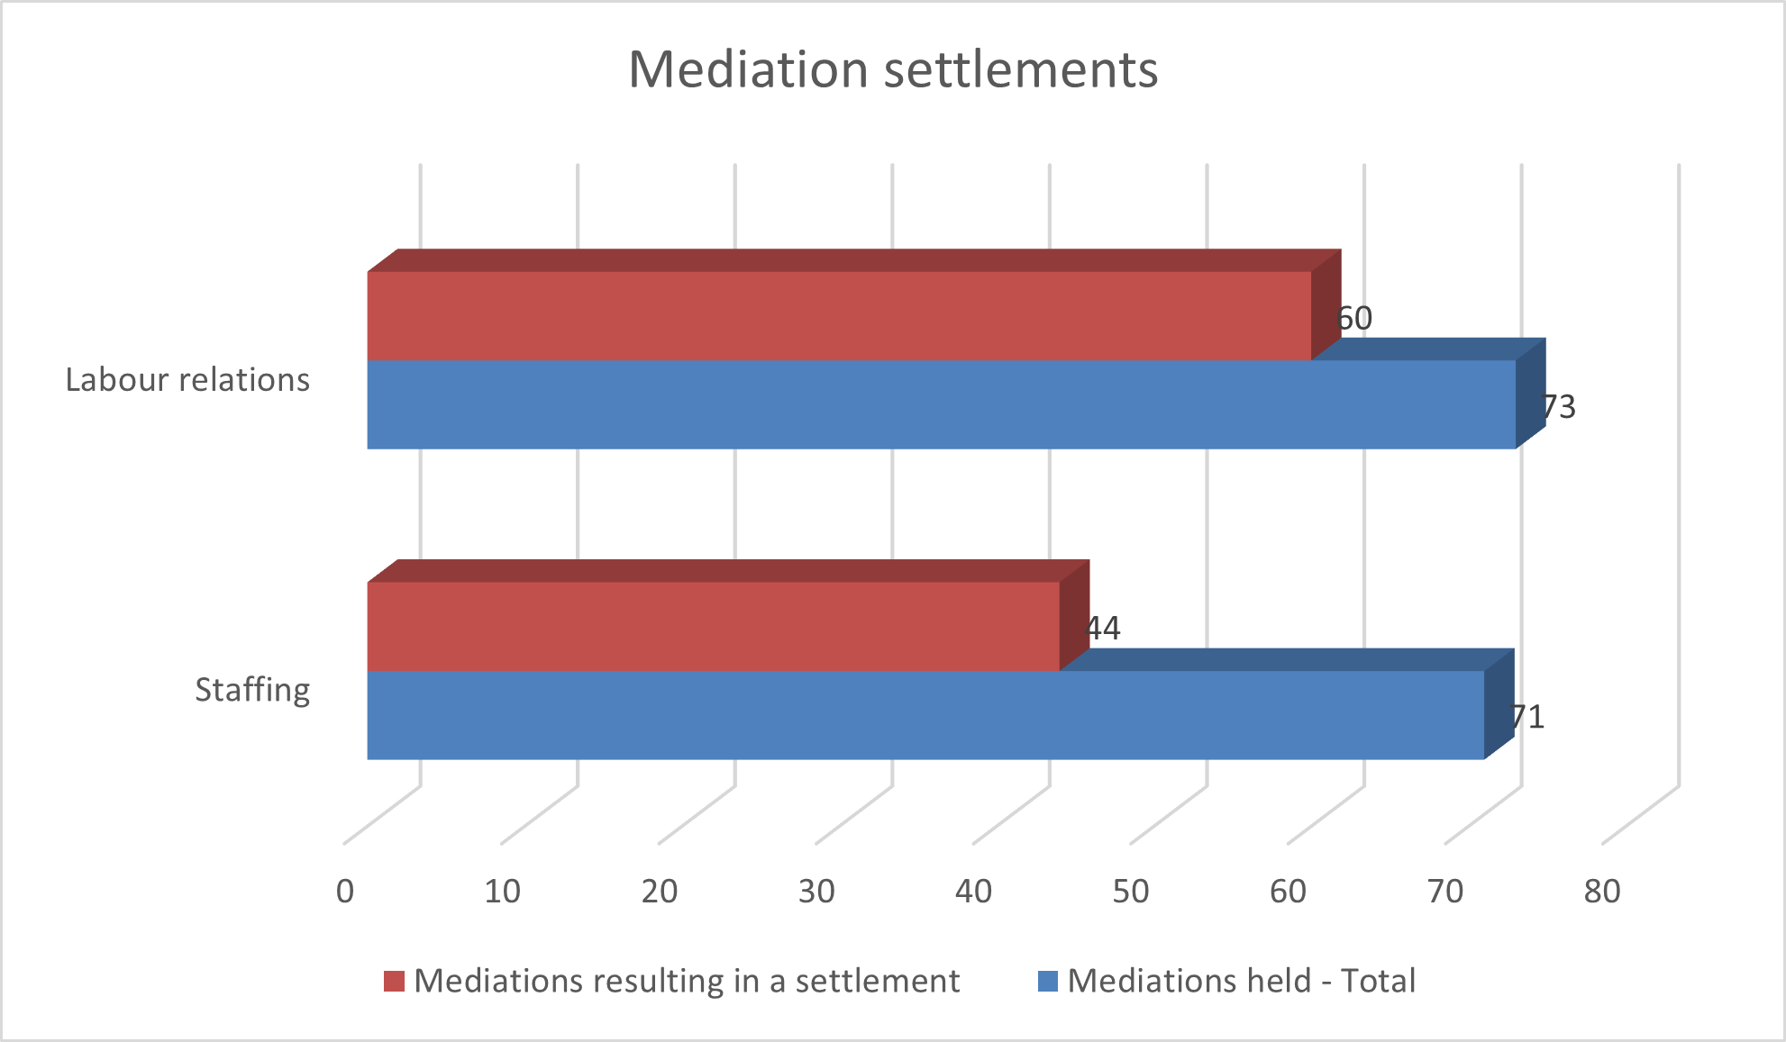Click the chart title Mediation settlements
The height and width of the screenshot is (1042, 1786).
coord(892,69)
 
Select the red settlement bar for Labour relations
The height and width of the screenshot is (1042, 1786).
coord(838,315)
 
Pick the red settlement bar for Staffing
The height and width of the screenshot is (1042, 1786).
coord(713,626)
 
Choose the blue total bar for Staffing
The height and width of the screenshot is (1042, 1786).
coord(925,715)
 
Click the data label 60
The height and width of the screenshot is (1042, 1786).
coord(1354,318)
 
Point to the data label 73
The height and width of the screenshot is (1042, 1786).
coord(1559,407)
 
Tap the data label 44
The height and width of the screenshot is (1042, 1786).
coord(1103,628)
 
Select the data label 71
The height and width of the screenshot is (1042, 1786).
coord(1528,717)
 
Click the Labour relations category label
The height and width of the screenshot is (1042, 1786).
coord(187,380)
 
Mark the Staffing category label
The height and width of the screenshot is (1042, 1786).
coord(252,690)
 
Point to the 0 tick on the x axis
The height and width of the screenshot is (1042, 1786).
coord(345,892)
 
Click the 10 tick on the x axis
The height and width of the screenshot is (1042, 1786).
coord(502,892)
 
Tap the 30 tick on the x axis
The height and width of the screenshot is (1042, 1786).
coord(816,892)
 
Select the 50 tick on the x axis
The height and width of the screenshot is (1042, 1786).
coord(1131,892)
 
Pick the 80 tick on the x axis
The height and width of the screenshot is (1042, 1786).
coord(1602,892)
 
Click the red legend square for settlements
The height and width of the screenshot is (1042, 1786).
coord(394,981)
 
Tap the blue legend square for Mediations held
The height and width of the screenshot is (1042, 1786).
coord(1048,981)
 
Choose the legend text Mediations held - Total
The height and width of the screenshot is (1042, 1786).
coord(1241,981)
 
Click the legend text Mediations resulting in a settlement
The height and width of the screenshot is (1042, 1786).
coord(687,981)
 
